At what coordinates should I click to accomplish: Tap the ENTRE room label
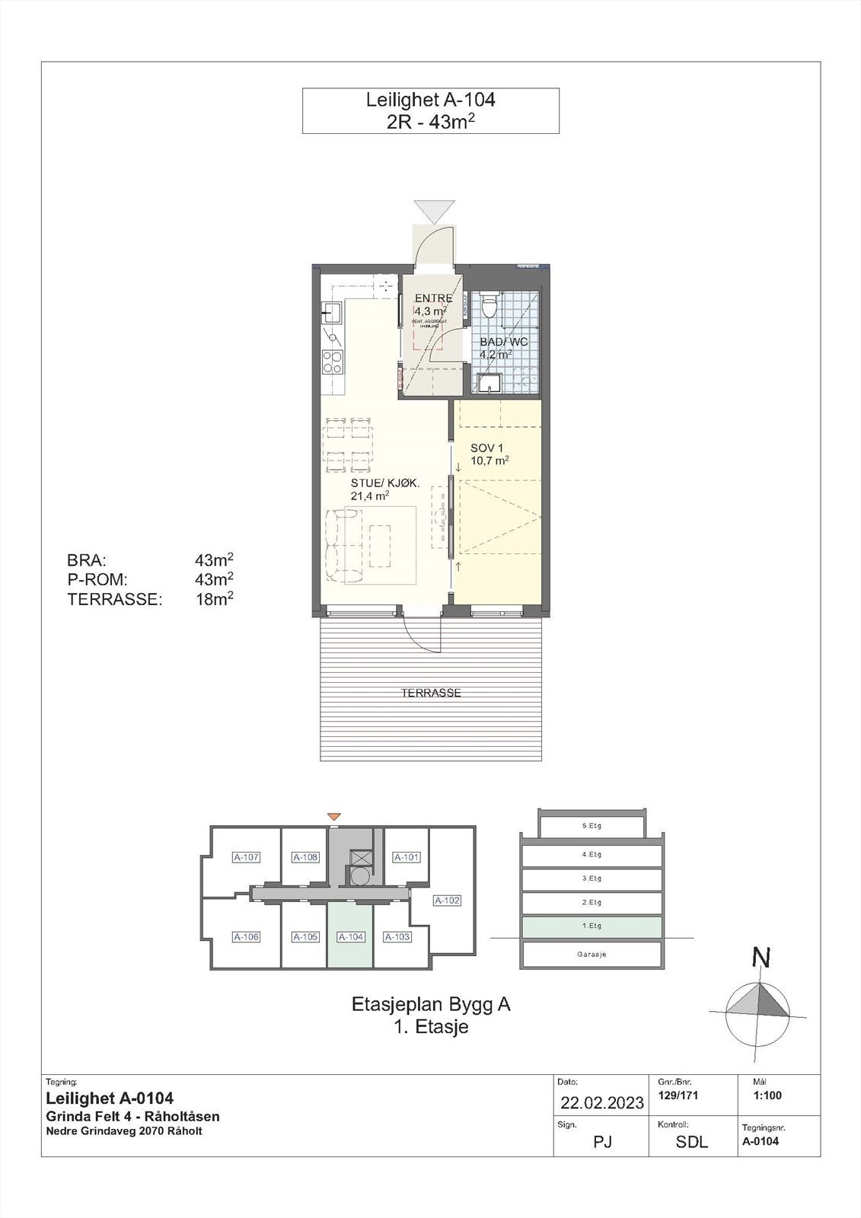tap(433, 298)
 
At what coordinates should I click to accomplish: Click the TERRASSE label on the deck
tap(431, 693)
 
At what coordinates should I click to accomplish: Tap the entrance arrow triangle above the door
tap(434, 211)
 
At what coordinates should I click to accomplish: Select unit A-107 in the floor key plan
tap(247, 857)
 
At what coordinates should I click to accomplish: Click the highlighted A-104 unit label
tap(350, 937)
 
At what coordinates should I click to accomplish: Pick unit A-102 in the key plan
tap(447, 901)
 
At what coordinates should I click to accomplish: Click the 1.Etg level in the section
tap(591, 926)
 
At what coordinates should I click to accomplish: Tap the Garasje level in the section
tap(591, 954)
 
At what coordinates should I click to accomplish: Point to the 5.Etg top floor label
tap(591, 826)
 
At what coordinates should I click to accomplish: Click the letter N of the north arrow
tap(760, 957)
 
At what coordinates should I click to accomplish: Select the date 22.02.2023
tap(602, 1102)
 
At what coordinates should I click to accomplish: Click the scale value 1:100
tap(767, 1096)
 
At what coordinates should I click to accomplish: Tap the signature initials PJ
tap(602, 1141)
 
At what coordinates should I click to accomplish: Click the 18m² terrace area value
tap(214, 599)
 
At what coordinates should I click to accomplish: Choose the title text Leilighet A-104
tap(430, 100)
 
